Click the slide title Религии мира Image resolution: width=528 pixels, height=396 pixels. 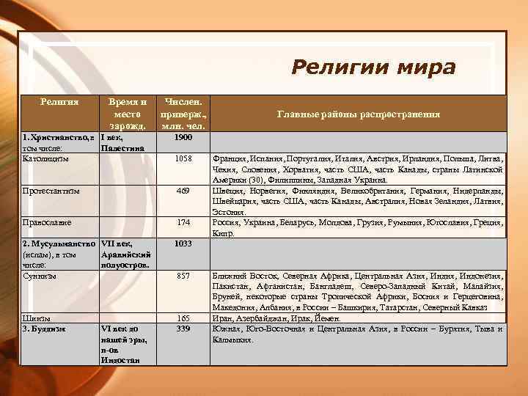pyautogui.click(x=373, y=67)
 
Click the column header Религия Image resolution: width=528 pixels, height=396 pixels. pyautogui.click(x=59, y=100)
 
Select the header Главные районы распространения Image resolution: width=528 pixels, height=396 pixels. pyautogui.click(x=359, y=114)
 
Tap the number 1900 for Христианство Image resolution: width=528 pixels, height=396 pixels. pyautogui.click(x=184, y=137)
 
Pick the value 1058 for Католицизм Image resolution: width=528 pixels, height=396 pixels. pyautogui.click(x=184, y=158)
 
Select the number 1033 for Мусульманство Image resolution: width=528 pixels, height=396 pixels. pyautogui.click(x=184, y=243)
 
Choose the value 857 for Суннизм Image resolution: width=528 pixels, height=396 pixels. pyautogui.click(x=184, y=275)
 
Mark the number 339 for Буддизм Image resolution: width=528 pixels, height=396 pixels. pyautogui.click(x=184, y=329)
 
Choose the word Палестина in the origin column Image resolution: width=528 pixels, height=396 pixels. pyautogui.click(x=122, y=148)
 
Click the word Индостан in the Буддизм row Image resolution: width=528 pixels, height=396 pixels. pyautogui.click(x=120, y=360)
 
